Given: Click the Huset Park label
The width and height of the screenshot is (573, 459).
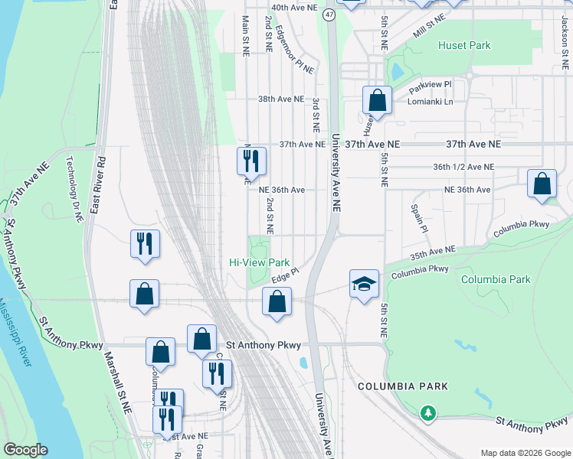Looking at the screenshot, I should (463, 45).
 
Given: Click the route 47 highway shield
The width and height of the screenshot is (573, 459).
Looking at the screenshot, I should (329, 15).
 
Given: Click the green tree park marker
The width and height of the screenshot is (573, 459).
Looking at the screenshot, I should (427, 414).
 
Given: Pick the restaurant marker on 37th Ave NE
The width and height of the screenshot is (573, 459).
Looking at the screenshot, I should (251, 161).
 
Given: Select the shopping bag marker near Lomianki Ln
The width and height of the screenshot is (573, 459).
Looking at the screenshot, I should (377, 100).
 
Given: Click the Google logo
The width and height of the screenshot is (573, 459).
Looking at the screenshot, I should (25, 450).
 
